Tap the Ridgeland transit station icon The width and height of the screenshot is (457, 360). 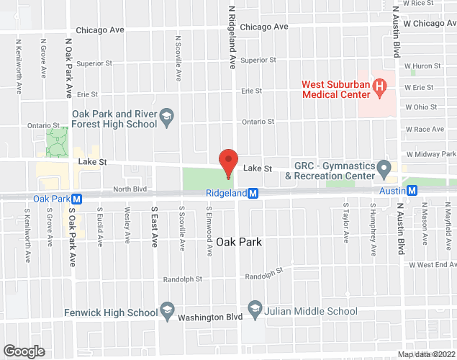click(253, 193)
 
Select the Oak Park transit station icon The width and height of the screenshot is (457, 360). click(76, 199)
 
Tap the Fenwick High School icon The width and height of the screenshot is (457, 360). click(167, 312)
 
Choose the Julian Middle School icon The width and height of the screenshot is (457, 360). click(254, 311)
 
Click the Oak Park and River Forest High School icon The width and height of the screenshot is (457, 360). click(166, 118)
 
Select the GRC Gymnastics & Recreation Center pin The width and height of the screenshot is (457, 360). click(384, 170)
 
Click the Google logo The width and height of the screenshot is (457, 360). click(24, 351)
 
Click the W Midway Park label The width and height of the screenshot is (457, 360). click(430, 154)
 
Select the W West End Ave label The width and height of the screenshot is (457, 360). click(432, 265)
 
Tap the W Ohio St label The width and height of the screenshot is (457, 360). click(421, 107)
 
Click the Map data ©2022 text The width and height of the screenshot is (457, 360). click(426, 354)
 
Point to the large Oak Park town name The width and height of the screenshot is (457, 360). click(235, 242)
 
